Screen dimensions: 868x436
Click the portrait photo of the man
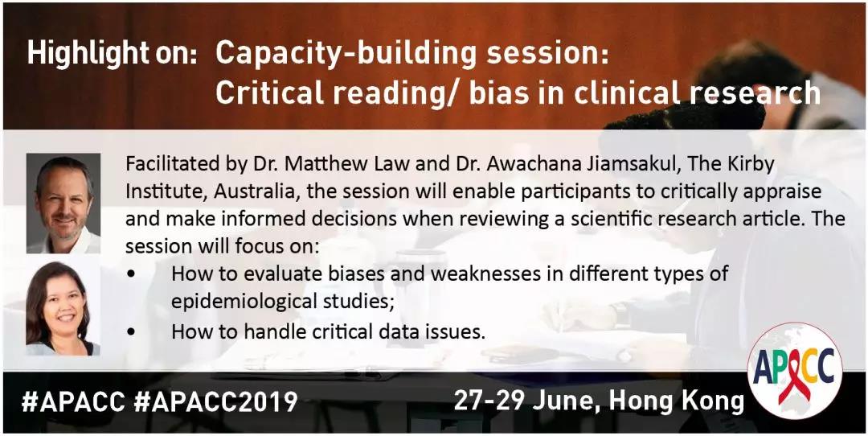click(x=63, y=204)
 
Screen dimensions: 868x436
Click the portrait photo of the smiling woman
click(x=63, y=305)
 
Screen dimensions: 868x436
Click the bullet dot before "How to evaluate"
click(x=131, y=274)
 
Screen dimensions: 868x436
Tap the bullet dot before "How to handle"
click(x=131, y=332)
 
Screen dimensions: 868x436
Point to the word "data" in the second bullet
click(x=419, y=332)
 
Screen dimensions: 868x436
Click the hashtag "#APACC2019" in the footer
click(x=215, y=402)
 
